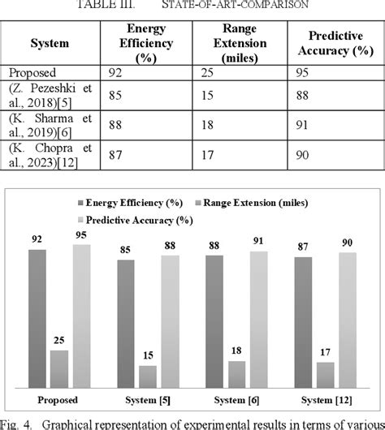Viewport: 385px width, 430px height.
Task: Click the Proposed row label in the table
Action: click(x=29, y=72)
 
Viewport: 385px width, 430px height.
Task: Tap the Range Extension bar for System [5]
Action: click(x=148, y=376)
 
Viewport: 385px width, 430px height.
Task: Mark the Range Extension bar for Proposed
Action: click(x=60, y=368)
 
